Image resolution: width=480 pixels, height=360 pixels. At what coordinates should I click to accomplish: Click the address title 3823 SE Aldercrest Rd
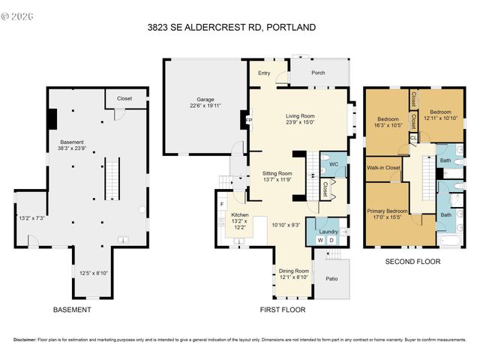tap(231, 28)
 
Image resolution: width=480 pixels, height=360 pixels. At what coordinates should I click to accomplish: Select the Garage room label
tap(205, 99)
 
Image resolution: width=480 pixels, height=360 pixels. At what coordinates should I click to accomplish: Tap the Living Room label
tap(299, 116)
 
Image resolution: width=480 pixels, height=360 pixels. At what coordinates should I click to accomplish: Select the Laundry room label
tap(328, 232)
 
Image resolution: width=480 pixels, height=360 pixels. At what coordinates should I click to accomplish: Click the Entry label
tap(264, 73)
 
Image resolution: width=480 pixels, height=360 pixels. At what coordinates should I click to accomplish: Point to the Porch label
tap(319, 73)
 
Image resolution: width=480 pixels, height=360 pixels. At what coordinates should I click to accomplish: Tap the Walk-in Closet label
tap(382, 168)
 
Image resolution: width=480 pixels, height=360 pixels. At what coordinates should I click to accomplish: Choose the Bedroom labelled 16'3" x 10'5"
tap(388, 120)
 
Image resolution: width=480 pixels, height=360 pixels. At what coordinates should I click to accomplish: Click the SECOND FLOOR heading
tap(412, 262)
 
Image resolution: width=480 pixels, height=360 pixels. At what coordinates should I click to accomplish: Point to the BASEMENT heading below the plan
tap(72, 310)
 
